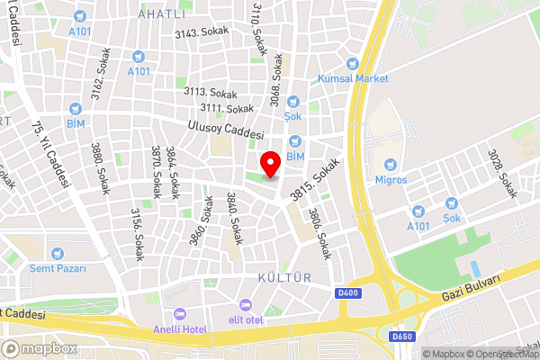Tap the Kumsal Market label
coord(353,78)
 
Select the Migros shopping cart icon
coord(391,165)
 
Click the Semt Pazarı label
coord(58,268)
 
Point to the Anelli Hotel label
coord(180,329)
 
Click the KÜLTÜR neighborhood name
coord(283,278)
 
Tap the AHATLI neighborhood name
coord(162,14)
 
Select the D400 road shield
coord(347,294)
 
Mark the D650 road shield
coord(401,337)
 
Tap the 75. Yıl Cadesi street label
coord(51,153)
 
